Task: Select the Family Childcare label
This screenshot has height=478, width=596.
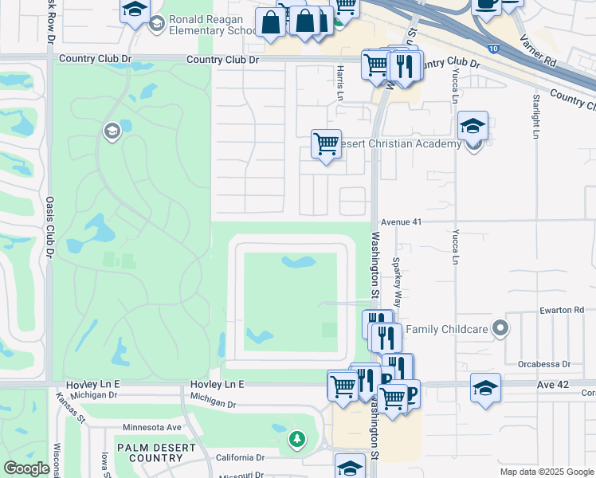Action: pyautogui.click(x=446, y=328)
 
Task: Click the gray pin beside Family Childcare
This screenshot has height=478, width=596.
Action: pyautogui.click(x=500, y=327)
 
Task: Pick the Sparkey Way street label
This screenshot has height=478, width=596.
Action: pyautogui.click(x=396, y=275)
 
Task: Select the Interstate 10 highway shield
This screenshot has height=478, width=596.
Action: pyautogui.click(x=494, y=49)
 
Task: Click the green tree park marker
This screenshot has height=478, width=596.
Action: pyautogui.click(x=296, y=439)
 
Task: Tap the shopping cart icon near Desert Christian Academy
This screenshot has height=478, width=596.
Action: pyautogui.click(x=326, y=144)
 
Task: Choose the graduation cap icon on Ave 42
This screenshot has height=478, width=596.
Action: pyautogui.click(x=485, y=388)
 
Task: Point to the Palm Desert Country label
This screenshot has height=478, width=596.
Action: pyautogui.click(x=156, y=453)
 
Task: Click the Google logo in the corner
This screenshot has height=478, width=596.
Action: pyautogui.click(x=26, y=468)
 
